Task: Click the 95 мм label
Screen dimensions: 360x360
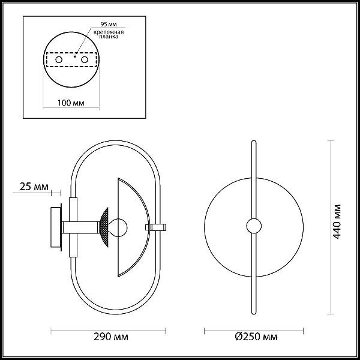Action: (109, 24)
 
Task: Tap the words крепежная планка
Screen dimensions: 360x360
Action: (109, 34)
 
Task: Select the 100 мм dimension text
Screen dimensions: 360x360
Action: (71, 103)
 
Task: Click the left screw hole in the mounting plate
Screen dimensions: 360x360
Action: (59, 59)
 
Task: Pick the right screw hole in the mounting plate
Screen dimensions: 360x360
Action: (85, 59)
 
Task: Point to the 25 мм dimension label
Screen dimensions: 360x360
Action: (34, 187)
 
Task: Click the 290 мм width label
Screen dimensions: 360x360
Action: (111, 337)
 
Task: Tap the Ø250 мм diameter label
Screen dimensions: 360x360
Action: (256, 337)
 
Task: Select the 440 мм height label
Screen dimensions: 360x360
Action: (337, 221)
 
